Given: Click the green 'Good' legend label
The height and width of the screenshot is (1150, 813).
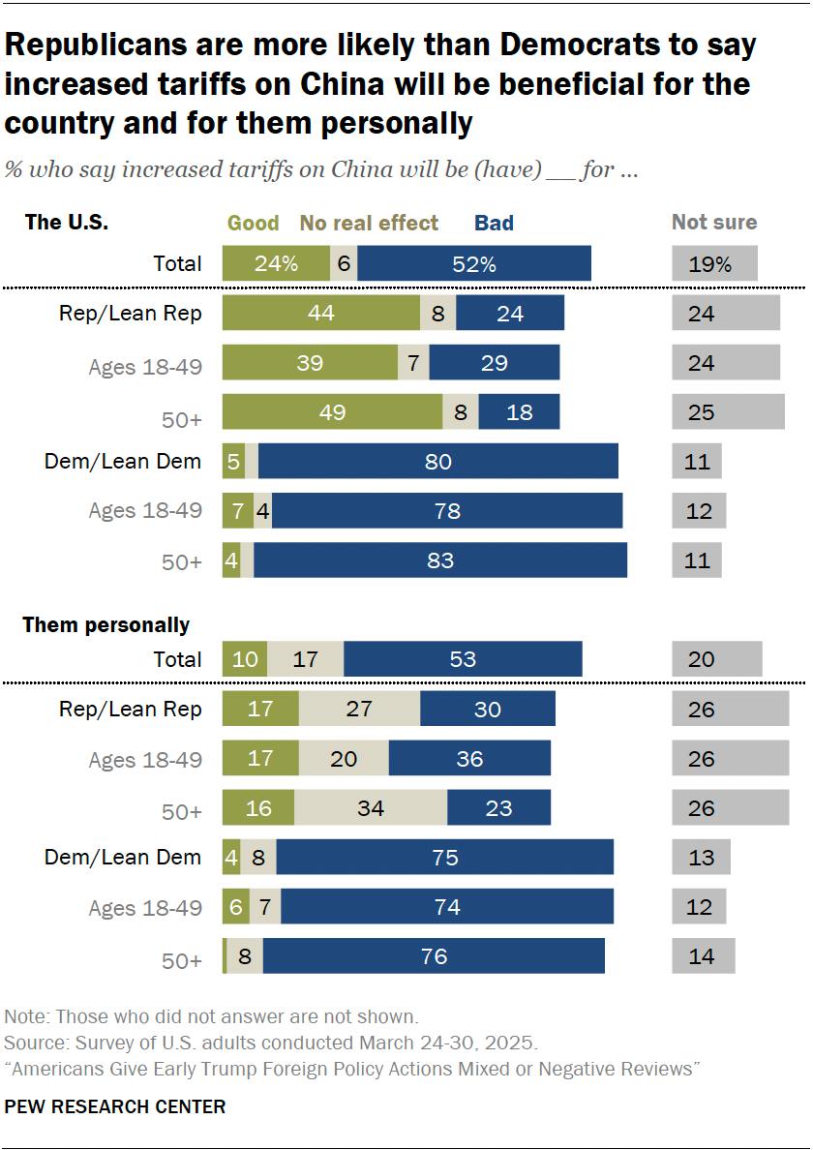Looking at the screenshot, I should click(x=254, y=224).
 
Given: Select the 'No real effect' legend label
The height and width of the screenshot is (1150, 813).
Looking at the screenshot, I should click(x=369, y=224).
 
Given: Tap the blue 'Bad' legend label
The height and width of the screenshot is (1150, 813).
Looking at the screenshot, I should click(x=494, y=224).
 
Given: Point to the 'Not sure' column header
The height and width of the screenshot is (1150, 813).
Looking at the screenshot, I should click(x=714, y=223).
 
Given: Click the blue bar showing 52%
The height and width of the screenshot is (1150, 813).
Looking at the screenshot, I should click(x=473, y=263).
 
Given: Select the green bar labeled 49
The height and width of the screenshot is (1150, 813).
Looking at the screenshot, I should click(x=332, y=412).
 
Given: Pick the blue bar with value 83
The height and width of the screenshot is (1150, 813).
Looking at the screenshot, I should click(x=440, y=560).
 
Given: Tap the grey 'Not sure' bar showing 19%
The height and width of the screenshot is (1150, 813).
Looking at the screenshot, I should click(x=714, y=263).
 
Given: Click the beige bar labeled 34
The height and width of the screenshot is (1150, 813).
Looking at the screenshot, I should click(x=371, y=807).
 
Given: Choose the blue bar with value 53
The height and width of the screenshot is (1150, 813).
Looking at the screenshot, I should click(x=463, y=659).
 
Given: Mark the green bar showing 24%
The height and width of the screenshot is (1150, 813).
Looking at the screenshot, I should click(x=276, y=263).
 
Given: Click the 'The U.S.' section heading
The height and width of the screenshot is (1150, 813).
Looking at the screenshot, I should click(x=67, y=223).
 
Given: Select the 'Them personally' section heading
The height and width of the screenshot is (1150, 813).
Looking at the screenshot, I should click(x=106, y=625).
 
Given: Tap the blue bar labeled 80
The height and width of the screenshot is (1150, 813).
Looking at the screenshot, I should click(x=437, y=462).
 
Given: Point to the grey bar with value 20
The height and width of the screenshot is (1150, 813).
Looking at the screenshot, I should click(x=717, y=659).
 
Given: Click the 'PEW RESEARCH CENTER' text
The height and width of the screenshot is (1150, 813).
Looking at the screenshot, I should click(x=115, y=1106).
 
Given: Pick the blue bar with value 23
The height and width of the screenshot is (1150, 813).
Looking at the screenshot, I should click(x=498, y=807).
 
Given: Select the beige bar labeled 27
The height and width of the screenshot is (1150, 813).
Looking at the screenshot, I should click(x=359, y=709).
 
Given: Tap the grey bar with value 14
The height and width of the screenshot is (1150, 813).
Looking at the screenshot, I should click(x=704, y=956).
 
